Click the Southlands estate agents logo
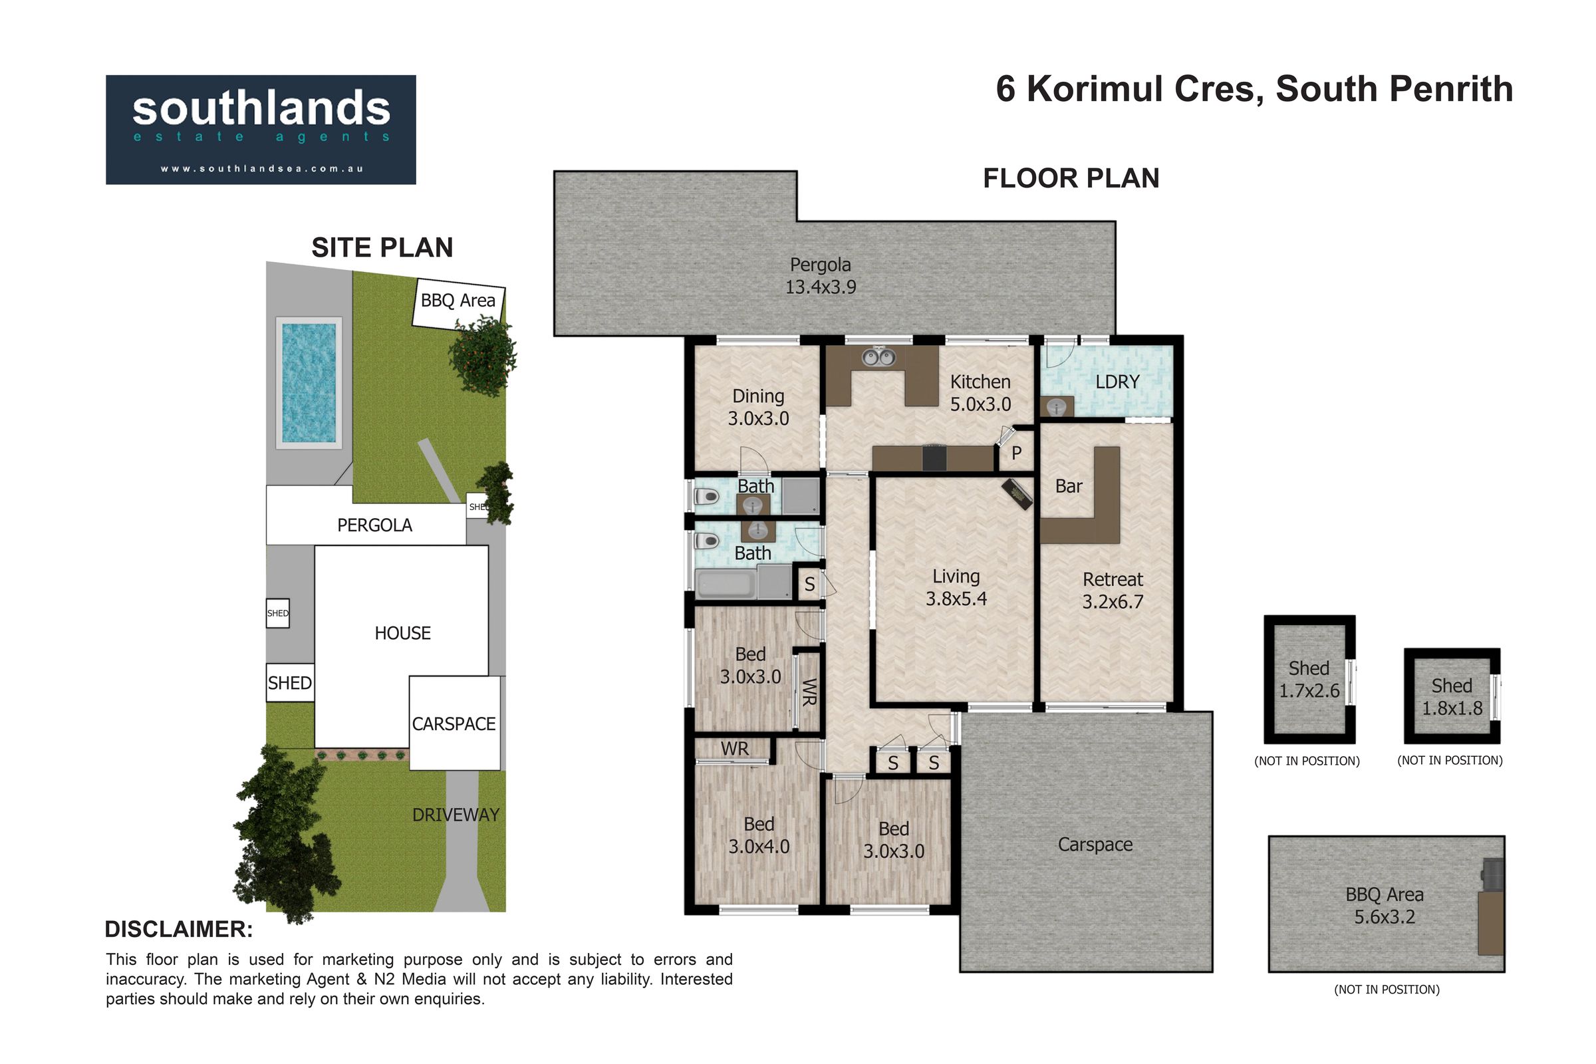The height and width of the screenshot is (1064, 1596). [x=261, y=130]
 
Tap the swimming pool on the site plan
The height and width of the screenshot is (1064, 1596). [x=309, y=383]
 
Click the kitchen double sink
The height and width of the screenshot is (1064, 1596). [x=878, y=357]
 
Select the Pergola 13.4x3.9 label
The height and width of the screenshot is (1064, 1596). [x=821, y=275]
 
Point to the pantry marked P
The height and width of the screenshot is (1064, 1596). [x=1017, y=453]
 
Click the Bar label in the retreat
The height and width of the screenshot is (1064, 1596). [x=1069, y=486]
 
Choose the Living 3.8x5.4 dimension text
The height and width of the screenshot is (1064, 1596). [x=956, y=588]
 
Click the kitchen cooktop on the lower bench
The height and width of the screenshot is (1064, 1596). [x=934, y=458]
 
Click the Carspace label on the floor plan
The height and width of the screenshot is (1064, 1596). [x=1095, y=845]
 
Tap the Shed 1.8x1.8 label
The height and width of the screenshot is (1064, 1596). [x=1452, y=697]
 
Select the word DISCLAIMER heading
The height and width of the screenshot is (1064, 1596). [x=179, y=929]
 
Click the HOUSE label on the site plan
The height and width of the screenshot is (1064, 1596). [x=402, y=633]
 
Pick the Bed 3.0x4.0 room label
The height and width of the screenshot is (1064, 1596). [x=759, y=835]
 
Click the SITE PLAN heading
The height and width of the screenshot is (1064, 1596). [x=382, y=247]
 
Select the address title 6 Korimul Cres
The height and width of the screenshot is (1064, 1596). [x=1129, y=89]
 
